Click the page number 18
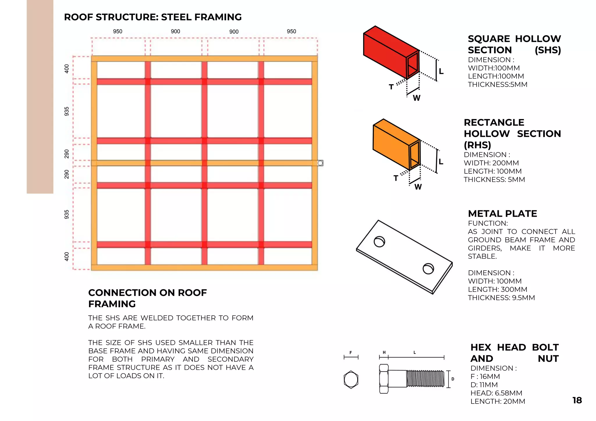pyautogui.click(x=577, y=400)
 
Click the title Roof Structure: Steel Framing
pyautogui.click(x=153, y=17)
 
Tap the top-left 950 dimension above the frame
pyautogui.click(x=118, y=31)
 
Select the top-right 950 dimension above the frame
pyautogui.click(x=291, y=31)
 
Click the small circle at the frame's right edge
pyautogui.click(x=320, y=163)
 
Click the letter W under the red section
pyautogui.click(x=416, y=98)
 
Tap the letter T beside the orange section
pyautogui.click(x=396, y=178)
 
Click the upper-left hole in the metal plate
pyautogui.click(x=379, y=241)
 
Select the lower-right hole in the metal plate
pyautogui.click(x=428, y=269)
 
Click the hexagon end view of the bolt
pyautogui.click(x=351, y=379)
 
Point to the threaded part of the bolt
pyautogui.click(x=425, y=379)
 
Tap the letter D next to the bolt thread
pyautogui.click(x=453, y=379)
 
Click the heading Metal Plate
pyautogui.click(x=502, y=214)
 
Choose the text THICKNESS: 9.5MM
pyautogui.click(x=501, y=298)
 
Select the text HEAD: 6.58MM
pyautogui.click(x=496, y=393)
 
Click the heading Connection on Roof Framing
pyautogui.click(x=147, y=298)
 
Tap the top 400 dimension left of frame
pyautogui.click(x=67, y=69)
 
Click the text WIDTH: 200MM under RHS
pyautogui.click(x=491, y=163)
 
